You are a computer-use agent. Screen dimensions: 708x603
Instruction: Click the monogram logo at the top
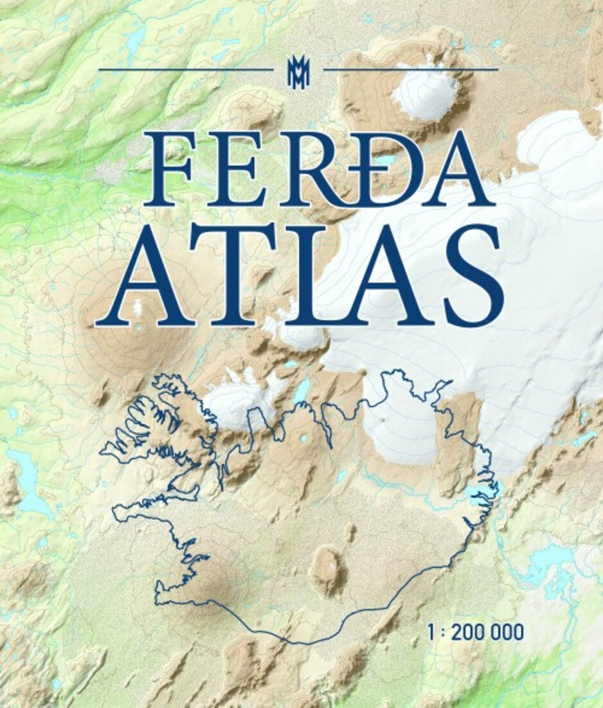(x=298, y=70)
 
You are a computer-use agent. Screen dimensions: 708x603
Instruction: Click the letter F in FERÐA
(x=168, y=169)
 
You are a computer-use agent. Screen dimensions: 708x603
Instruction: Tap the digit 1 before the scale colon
(x=431, y=632)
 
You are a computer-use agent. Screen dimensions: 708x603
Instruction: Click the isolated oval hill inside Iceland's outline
(x=327, y=570)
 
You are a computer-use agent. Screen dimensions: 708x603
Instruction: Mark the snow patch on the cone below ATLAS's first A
(x=137, y=308)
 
